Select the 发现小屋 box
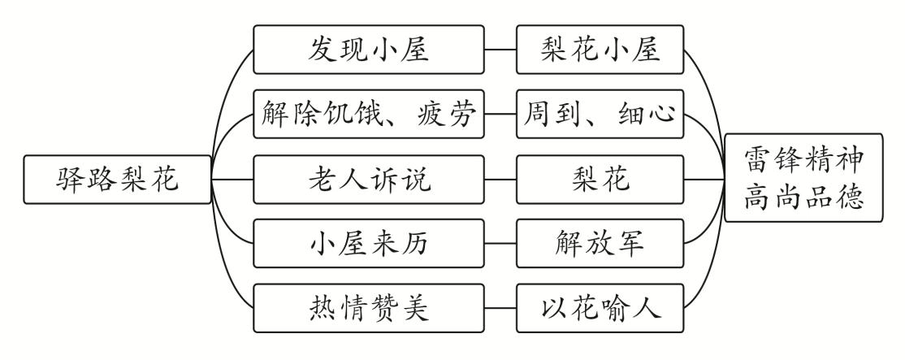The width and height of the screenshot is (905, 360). [370, 49]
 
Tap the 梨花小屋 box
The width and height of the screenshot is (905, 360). [600, 49]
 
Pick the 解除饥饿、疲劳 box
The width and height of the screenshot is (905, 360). [370, 113]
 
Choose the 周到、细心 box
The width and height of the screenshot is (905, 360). [600, 113]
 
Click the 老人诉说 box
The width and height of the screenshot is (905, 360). [370, 178]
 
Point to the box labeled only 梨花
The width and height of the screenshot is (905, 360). [600, 178]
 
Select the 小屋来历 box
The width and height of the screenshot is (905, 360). [370, 243]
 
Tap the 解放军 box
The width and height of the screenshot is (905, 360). [600, 243]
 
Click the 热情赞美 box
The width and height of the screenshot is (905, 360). [370, 307]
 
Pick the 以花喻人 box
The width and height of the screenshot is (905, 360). [600, 307]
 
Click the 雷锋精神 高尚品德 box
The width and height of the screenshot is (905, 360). [803, 178]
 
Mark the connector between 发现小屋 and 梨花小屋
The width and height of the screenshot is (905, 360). [502, 49]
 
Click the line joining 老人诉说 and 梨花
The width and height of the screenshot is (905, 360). [502, 178]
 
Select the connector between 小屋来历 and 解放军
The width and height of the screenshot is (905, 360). [502, 243]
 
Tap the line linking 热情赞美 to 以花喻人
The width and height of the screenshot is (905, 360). [502, 307]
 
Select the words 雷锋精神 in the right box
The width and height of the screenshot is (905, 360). [803, 159]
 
